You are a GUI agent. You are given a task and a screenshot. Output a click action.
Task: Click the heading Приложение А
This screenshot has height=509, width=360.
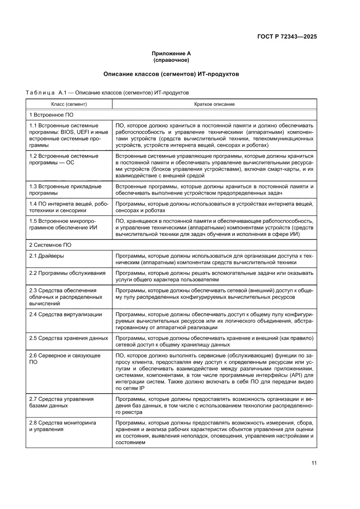(171, 54)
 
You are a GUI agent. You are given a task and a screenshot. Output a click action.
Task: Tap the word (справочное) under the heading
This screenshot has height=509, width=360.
(171, 60)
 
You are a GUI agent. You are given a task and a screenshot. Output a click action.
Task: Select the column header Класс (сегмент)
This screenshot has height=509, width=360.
(69, 104)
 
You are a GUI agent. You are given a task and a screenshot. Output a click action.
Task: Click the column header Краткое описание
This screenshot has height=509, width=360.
(214, 104)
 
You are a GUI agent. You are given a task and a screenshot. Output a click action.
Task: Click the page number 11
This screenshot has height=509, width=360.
(313, 463)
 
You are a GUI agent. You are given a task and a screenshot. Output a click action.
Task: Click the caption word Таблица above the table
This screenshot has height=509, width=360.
(40, 93)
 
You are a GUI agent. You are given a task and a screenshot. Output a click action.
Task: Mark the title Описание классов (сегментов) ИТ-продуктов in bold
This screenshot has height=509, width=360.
(171, 74)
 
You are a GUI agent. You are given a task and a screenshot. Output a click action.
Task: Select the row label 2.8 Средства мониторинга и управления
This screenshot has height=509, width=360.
(63, 426)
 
